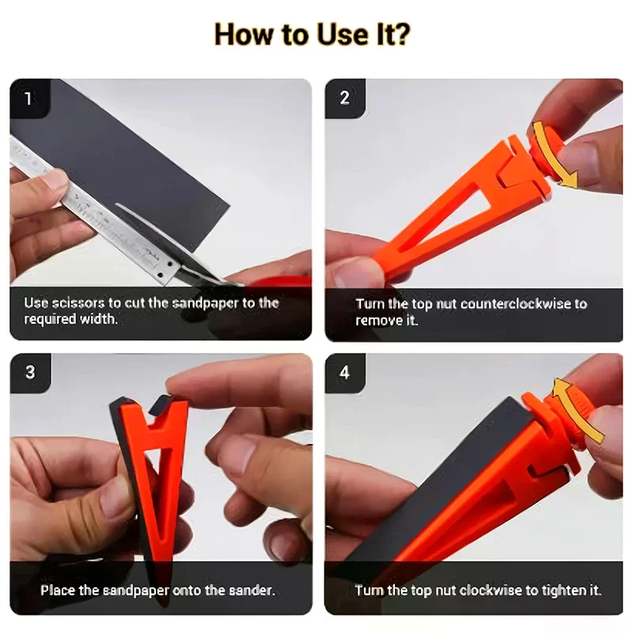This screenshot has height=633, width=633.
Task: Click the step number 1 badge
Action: [x=29, y=98]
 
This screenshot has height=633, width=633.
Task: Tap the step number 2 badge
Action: [x=344, y=98]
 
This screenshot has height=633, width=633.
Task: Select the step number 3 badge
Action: [x=30, y=372]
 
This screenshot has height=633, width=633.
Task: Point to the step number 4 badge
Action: [x=344, y=372]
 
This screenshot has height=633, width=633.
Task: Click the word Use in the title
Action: [x=343, y=34]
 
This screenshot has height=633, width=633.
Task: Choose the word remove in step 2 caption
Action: [x=379, y=320]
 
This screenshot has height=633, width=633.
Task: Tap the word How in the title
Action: [x=245, y=34]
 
